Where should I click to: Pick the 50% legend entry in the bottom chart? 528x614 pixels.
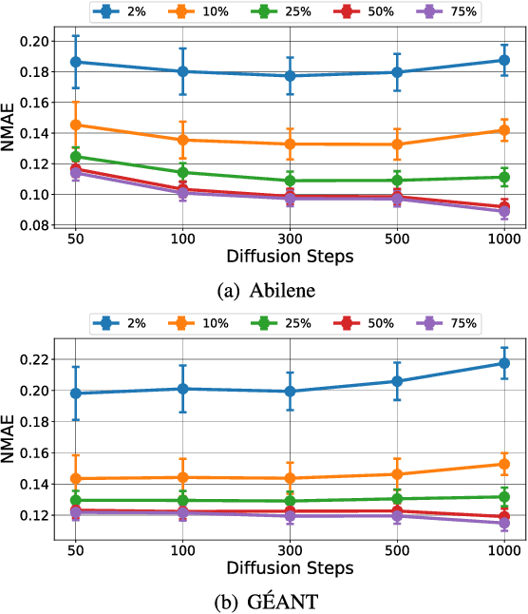[x=368, y=324]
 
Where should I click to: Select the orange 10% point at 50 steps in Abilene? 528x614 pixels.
[x=75, y=125]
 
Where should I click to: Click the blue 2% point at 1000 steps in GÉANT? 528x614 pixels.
[x=504, y=363]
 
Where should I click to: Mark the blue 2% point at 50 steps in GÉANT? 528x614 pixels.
[x=75, y=393]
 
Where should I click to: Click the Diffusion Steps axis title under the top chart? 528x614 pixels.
[x=291, y=257]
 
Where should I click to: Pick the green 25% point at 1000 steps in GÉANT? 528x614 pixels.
[x=504, y=496]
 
